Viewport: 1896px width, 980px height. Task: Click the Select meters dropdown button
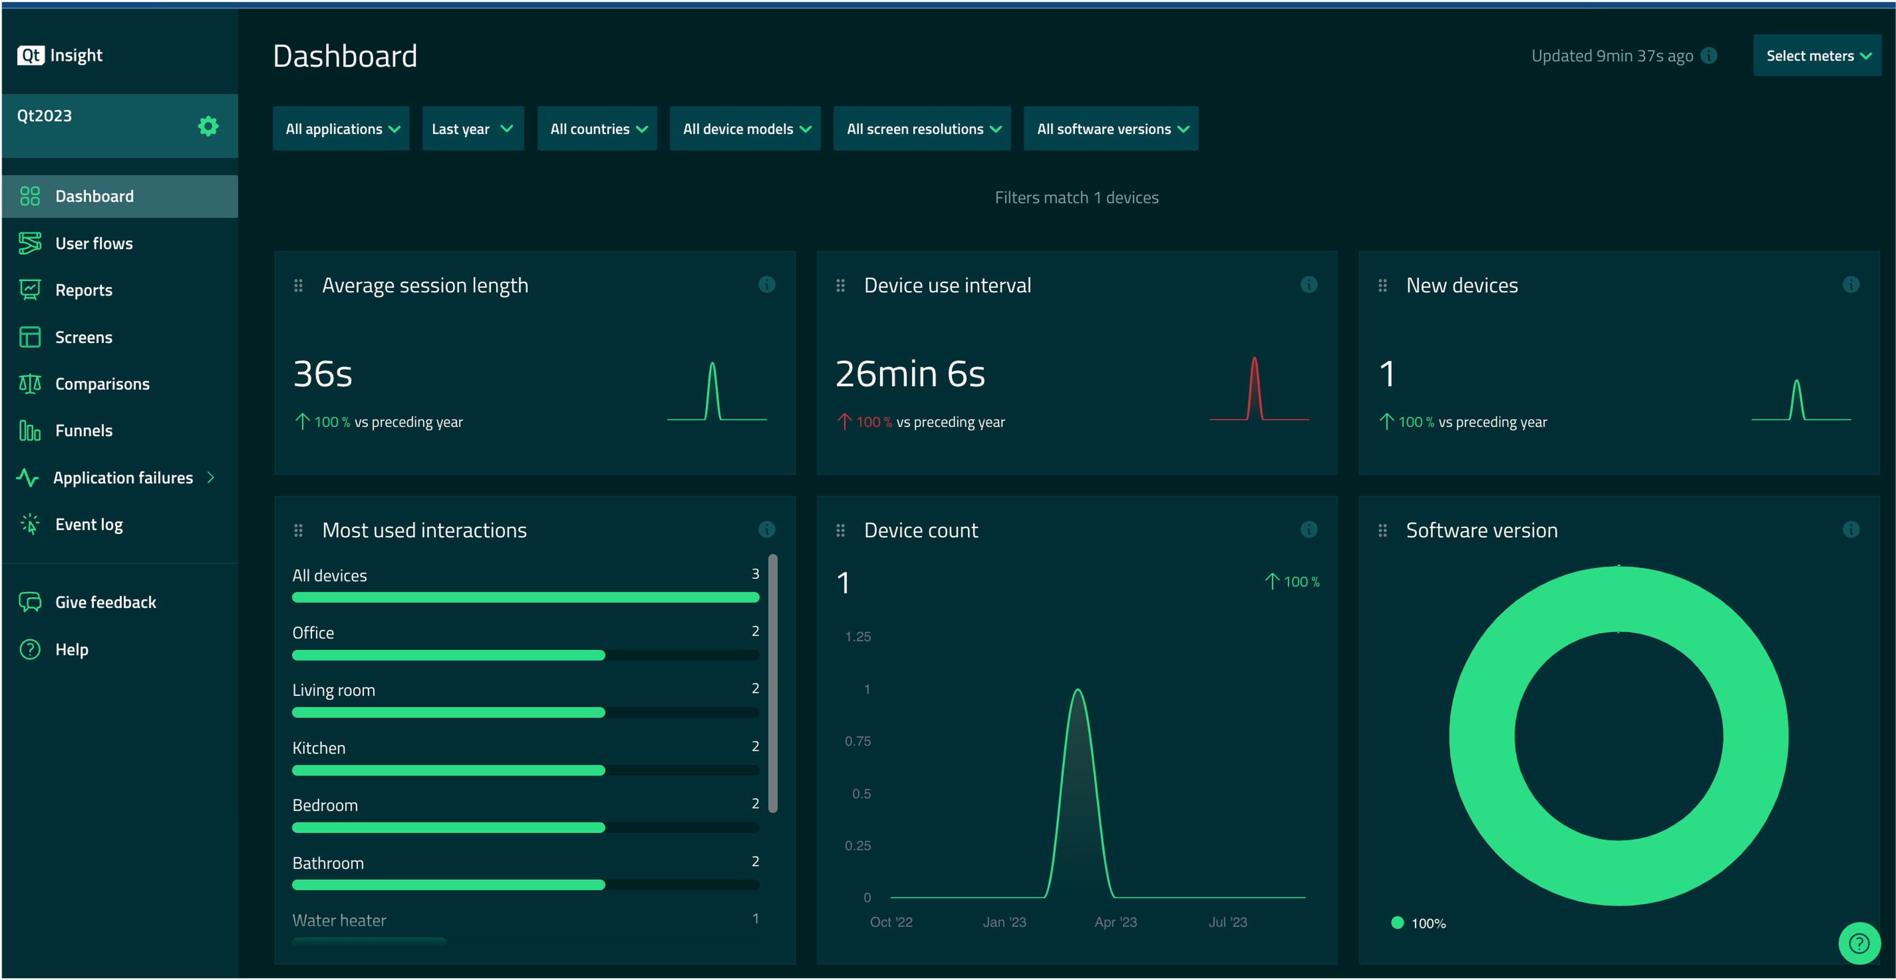(x=1817, y=56)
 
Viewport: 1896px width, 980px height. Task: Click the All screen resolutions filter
(x=922, y=129)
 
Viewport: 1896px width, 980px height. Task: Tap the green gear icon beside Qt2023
(x=208, y=126)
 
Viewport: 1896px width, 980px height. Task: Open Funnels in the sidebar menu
(x=84, y=430)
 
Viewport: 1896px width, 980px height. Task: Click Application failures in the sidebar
(x=123, y=478)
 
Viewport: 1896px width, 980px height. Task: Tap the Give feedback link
(x=105, y=602)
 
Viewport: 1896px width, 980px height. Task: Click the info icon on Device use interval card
(x=1309, y=285)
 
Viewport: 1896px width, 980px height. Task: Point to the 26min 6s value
(x=910, y=374)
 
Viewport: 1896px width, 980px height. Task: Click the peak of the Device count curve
(x=1078, y=691)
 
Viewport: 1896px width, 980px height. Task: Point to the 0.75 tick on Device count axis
(x=857, y=741)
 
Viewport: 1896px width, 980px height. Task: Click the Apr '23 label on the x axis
(x=1115, y=922)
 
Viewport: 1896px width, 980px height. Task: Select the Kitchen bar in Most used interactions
(x=448, y=770)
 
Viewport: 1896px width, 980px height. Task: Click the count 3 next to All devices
(x=755, y=574)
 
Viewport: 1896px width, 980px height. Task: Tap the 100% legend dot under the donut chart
(x=1397, y=923)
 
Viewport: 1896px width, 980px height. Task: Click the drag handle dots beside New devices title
(x=1382, y=286)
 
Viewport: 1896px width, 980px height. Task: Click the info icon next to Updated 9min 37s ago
(x=1709, y=56)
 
